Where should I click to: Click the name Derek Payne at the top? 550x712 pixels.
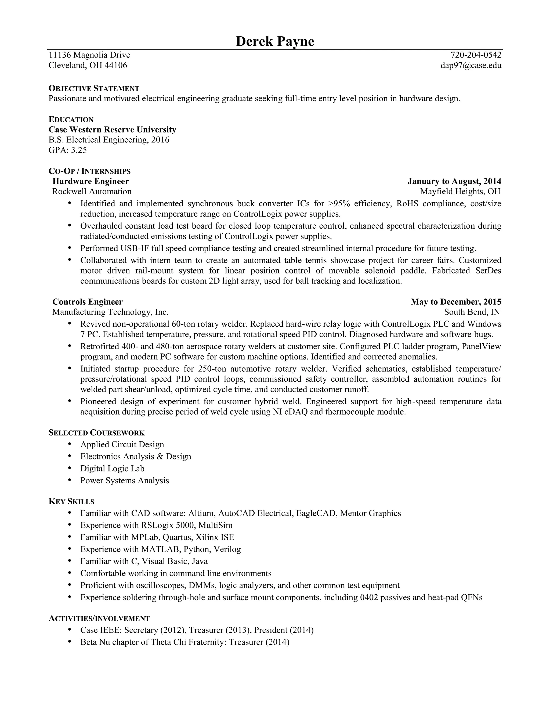(x=275, y=41)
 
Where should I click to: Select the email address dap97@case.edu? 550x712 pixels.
(x=471, y=66)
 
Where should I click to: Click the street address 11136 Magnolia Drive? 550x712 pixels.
(x=89, y=55)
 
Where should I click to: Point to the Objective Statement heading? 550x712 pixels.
(x=94, y=88)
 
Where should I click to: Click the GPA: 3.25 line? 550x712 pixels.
(x=68, y=150)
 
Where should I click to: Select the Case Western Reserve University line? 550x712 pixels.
(x=113, y=130)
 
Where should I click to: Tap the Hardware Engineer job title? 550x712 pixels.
(x=91, y=181)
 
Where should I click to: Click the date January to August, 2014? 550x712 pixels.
(x=454, y=181)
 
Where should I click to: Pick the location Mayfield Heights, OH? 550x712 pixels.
(x=460, y=191)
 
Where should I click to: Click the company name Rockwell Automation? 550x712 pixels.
(x=92, y=191)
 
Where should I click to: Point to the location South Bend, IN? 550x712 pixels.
(x=472, y=312)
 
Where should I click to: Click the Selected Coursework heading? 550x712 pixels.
(x=96, y=433)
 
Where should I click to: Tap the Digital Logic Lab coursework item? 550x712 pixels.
(x=113, y=469)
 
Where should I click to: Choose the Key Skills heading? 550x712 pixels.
(x=71, y=501)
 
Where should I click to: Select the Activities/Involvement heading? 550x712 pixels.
(x=99, y=618)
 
